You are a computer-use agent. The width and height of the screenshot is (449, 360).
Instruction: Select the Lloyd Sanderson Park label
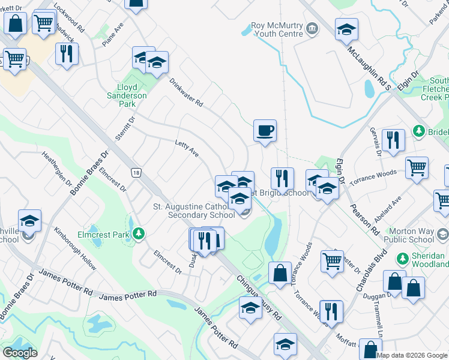(127, 95)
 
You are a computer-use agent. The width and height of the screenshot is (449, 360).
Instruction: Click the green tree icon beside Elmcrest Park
(139, 233)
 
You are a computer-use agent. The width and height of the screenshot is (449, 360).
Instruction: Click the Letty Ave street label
(187, 148)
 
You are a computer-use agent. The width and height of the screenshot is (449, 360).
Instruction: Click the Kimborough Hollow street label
(74, 248)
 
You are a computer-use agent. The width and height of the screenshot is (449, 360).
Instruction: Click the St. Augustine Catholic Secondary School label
(193, 211)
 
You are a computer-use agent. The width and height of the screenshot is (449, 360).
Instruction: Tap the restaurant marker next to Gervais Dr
(393, 140)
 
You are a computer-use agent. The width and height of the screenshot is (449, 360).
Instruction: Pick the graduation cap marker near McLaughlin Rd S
(346, 29)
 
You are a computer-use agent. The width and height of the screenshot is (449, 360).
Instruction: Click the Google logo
(20, 353)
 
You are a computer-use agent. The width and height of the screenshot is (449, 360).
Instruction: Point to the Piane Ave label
(112, 38)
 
